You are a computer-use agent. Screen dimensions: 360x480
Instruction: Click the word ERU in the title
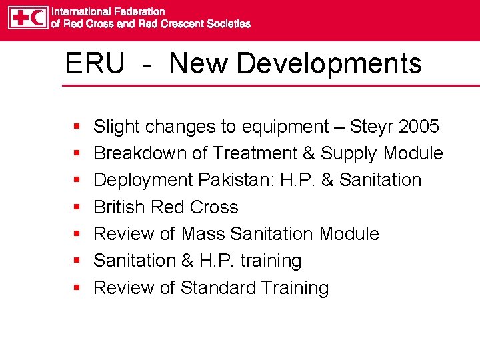pyautogui.click(x=94, y=64)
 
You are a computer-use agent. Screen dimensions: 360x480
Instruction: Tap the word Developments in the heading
pyautogui.click(x=329, y=64)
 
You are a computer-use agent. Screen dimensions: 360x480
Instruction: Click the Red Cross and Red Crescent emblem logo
pyautogui.click(x=28, y=17)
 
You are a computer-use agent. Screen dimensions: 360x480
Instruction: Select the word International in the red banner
pyautogui.click(x=82, y=11)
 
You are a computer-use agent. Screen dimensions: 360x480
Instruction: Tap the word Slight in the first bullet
pyautogui.click(x=117, y=127)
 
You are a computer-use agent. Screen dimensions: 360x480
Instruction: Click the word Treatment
pyautogui.click(x=255, y=153)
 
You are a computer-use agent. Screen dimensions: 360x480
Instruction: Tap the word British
pyautogui.click(x=120, y=207)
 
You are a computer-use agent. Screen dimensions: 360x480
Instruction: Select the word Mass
pyautogui.click(x=203, y=234)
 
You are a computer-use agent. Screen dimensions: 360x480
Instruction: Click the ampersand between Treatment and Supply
pyautogui.click(x=309, y=153)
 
